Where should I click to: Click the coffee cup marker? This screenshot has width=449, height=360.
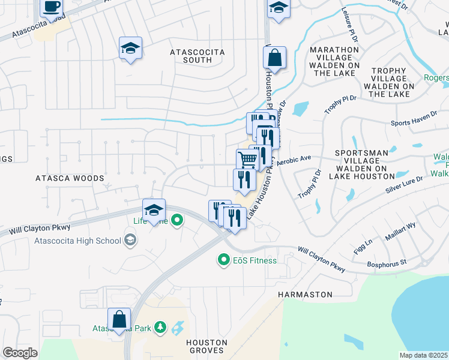[x=52, y=7]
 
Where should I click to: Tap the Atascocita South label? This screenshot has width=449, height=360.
[x=197, y=56]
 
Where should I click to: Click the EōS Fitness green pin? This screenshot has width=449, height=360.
[x=224, y=260]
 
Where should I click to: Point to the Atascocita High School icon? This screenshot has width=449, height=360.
[x=129, y=241]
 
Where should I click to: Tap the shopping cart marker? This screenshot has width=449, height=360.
[x=247, y=160]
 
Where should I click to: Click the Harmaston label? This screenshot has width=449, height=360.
[x=305, y=295]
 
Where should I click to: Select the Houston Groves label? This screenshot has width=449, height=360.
[x=206, y=346]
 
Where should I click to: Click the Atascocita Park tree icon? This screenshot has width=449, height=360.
[x=160, y=328]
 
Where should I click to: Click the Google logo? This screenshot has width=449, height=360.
[x=20, y=353]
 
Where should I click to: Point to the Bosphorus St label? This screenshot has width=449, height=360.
[x=387, y=262]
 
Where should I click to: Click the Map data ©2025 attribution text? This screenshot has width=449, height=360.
[x=424, y=355]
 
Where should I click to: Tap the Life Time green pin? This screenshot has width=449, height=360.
[x=176, y=221]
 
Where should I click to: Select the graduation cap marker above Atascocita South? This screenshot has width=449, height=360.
[x=130, y=49]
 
